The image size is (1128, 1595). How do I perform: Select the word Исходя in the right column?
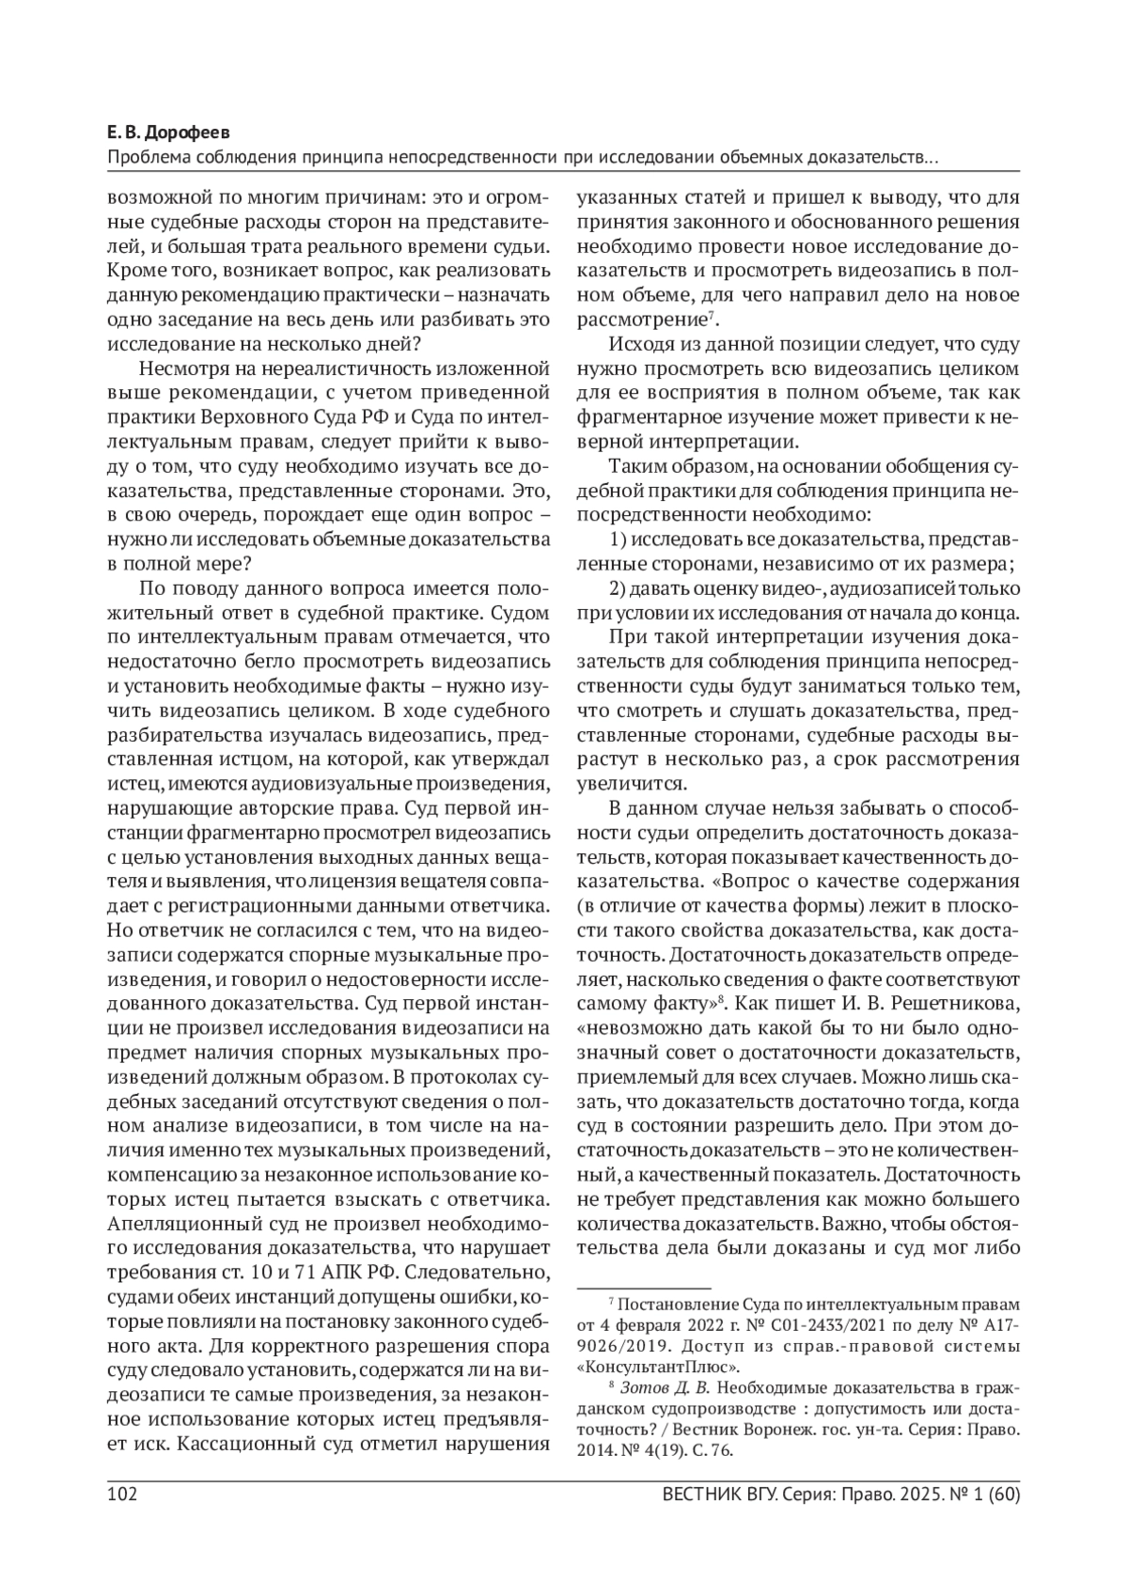pos(637,344)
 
